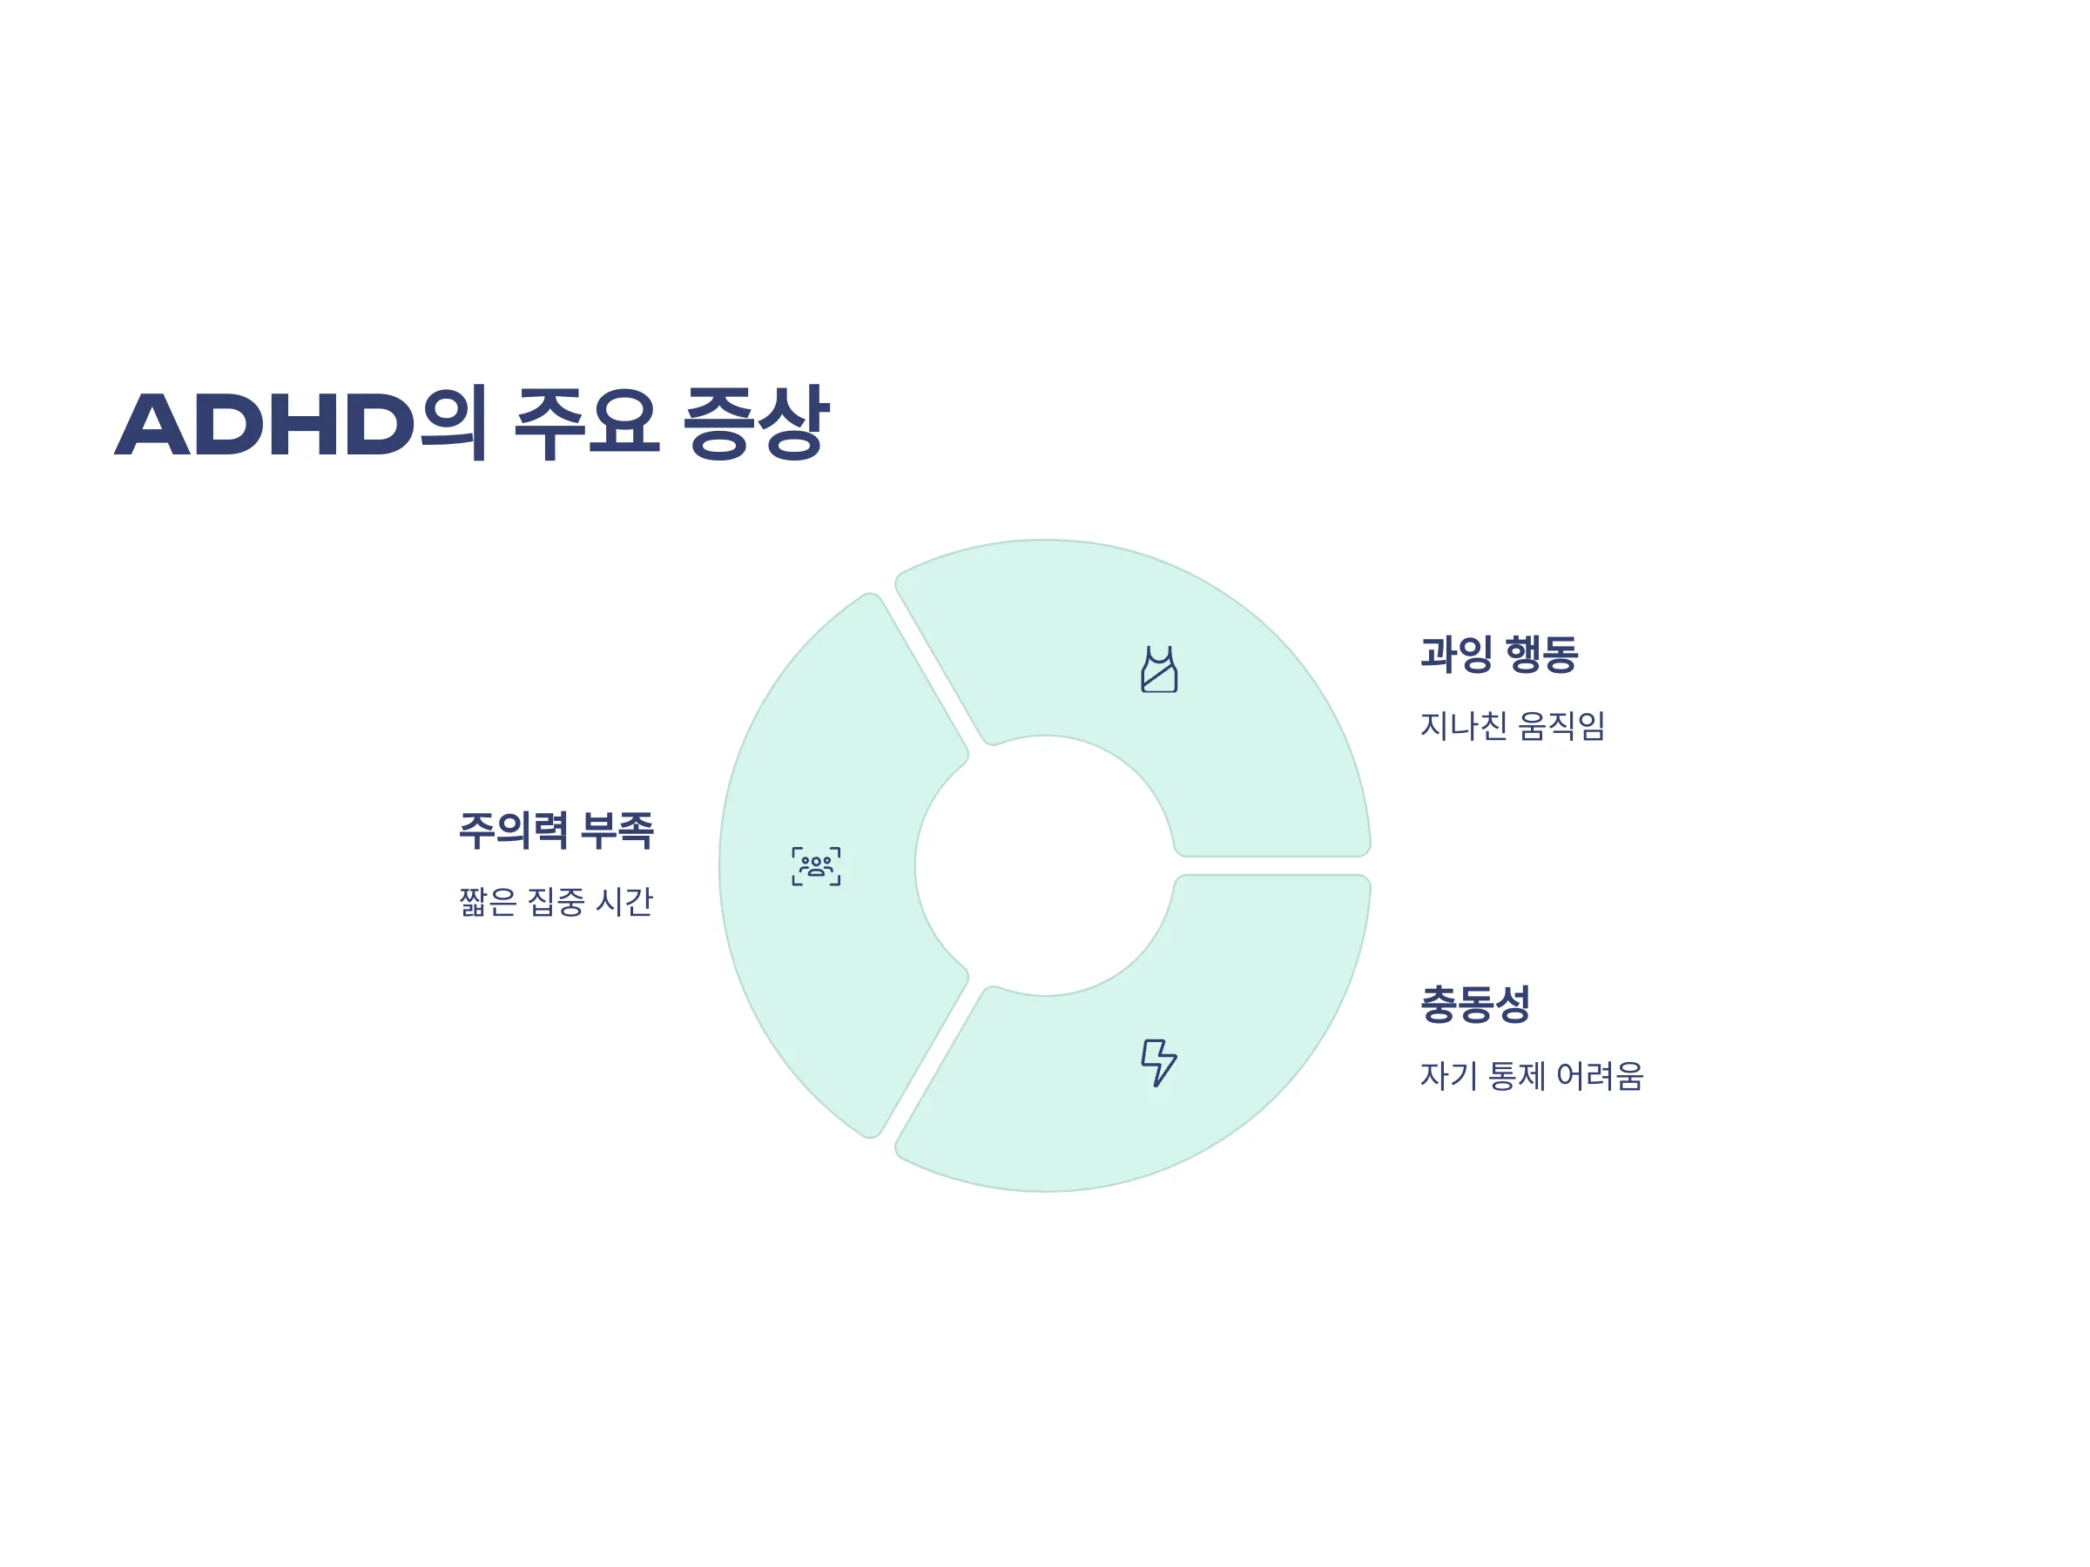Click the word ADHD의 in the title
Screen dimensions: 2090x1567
pos(301,422)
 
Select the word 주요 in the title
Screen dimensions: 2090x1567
pos(586,422)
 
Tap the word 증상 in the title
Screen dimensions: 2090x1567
pos(756,422)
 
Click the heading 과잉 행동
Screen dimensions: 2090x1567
pos(1499,655)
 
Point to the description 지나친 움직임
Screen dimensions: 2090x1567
pos(1512,725)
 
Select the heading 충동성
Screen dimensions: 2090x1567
pos(1475,1004)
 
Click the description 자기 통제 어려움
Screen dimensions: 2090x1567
pos(1532,1076)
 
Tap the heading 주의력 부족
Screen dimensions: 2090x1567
pos(556,831)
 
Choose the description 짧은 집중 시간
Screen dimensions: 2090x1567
pos(556,901)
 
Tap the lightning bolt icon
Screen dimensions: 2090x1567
pos(1159,1064)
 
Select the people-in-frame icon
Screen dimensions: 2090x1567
pos(816,866)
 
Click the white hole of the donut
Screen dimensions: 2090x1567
pos(1045,865)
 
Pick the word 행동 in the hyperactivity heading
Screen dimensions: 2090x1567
pos(1541,655)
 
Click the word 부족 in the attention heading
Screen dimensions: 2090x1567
pos(616,831)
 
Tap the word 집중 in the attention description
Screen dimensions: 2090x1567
pos(556,901)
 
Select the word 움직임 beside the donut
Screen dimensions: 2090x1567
pos(1561,725)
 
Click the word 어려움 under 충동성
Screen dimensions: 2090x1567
pos(1600,1076)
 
